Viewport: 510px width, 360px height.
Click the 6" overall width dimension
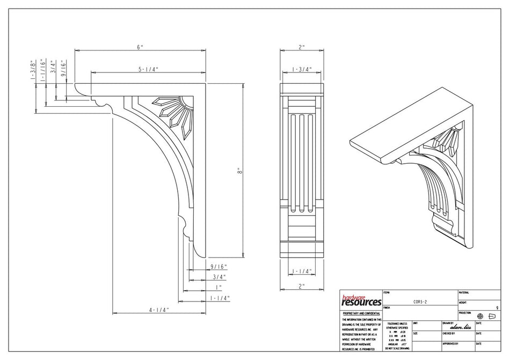(x=140, y=47)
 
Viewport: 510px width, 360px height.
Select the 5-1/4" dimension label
(x=149, y=69)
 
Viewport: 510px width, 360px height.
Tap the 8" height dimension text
(x=241, y=171)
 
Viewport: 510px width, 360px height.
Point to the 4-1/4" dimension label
(x=159, y=310)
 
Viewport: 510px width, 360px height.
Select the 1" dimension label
(x=218, y=288)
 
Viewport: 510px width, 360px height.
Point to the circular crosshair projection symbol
(x=480, y=316)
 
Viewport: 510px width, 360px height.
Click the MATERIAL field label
(x=464, y=292)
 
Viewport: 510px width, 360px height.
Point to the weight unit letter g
(x=497, y=307)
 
